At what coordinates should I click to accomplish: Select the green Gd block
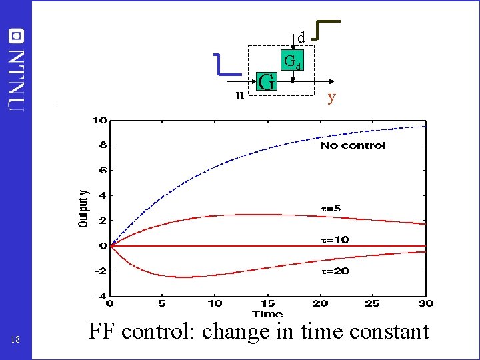(x=293, y=61)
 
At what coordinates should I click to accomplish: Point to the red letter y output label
(x=331, y=98)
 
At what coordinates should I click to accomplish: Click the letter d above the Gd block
(x=301, y=37)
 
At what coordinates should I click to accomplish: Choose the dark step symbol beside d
(x=327, y=30)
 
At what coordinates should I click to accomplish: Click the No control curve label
(x=353, y=145)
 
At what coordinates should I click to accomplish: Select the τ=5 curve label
(x=331, y=208)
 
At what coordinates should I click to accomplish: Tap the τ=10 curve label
(x=334, y=239)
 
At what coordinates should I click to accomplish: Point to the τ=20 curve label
(x=334, y=271)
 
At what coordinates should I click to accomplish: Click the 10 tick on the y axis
(x=100, y=120)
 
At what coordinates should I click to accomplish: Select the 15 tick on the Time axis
(x=267, y=303)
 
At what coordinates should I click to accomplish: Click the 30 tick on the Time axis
(x=425, y=303)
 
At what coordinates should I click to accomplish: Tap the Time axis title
(x=267, y=313)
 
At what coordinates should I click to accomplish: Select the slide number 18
(x=16, y=340)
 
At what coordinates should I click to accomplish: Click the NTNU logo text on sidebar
(x=17, y=77)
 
